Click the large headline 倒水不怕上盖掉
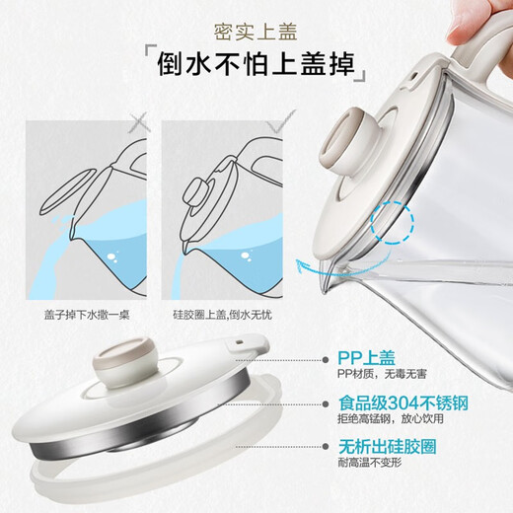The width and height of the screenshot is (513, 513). [x=256, y=66]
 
